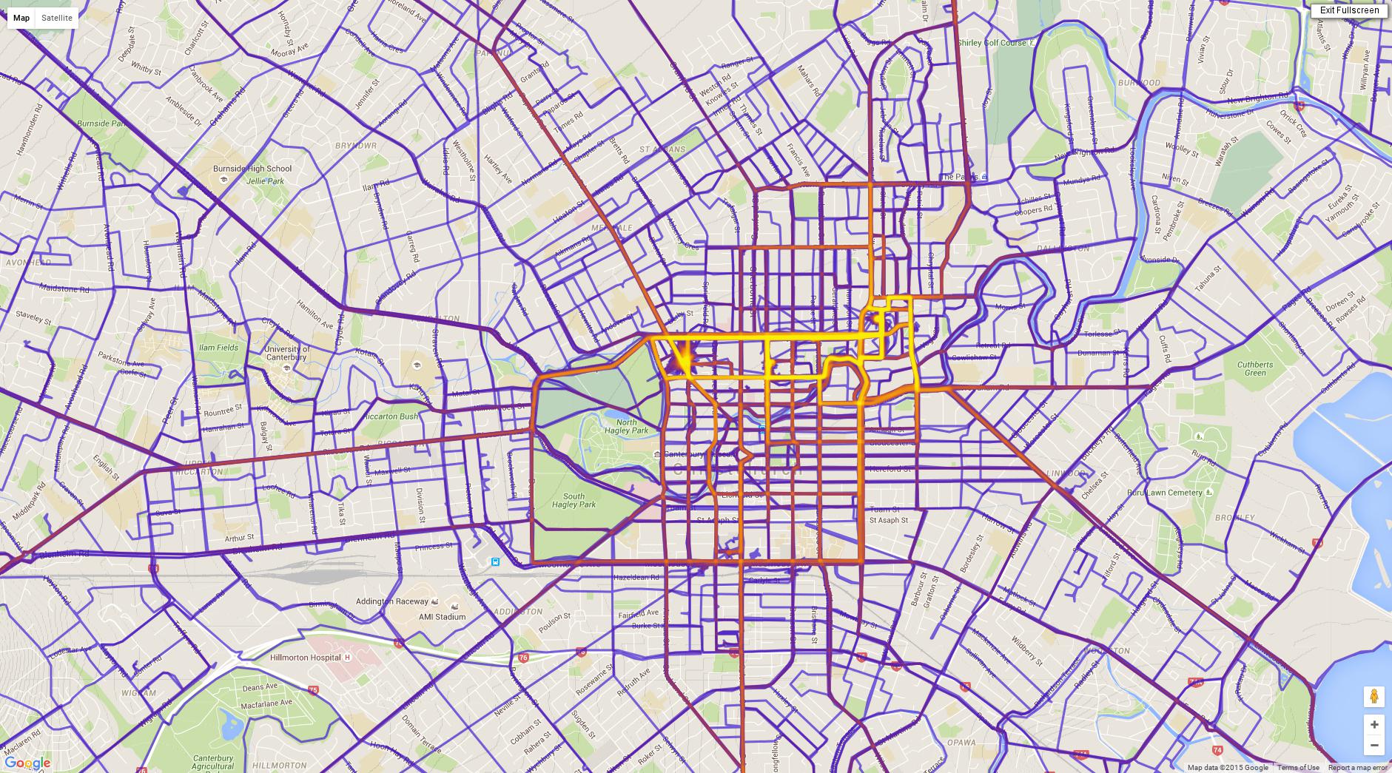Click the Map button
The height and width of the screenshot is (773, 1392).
(x=21, y=18)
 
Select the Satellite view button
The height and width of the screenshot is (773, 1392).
(x=57, y=18)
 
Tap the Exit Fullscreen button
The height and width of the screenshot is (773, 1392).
(x=1349, y=10)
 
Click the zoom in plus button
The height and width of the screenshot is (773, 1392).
(x=1374, y=724)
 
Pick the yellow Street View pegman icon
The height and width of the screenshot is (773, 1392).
(x=1374, y=696)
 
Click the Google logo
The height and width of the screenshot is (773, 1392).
(x=27, y=763)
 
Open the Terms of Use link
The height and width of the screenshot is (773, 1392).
(x=1298, y=768)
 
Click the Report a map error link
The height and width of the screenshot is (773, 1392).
(x=1357, y=768)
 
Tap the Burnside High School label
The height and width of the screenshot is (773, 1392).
(x=252, y=169)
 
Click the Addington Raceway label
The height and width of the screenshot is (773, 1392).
(x=392, y=601)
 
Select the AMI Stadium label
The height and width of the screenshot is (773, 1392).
(x=442, y=616)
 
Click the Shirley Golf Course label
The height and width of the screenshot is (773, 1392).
(x=992, y=43)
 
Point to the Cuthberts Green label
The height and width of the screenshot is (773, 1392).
(x=1255, y=368)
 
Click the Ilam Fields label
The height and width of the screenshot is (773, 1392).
(x=218, y=348)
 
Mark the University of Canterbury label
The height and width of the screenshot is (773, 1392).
(x=286, y=353)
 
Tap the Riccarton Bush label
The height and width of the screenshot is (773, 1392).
(x=389, y=416)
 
